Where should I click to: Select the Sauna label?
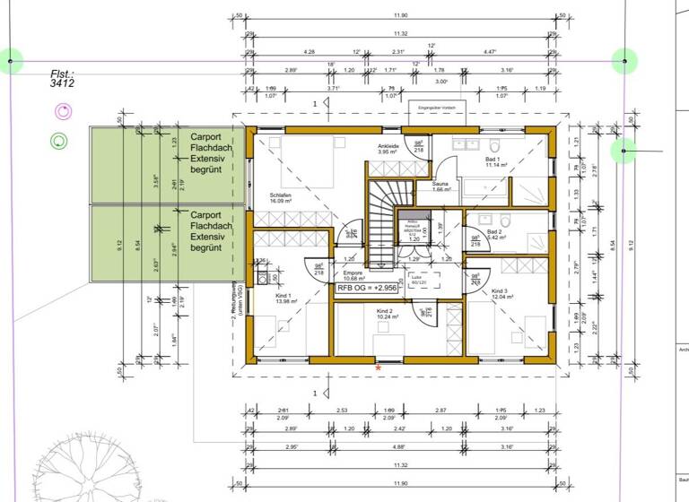click(440, 186)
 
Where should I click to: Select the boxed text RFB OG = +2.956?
click(367, 289)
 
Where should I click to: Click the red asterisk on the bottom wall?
click(378, 368)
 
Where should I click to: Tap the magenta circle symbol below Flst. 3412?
click(61, 111)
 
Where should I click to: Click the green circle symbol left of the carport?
click(60, 140)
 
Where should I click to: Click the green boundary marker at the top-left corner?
click(11, 62)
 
